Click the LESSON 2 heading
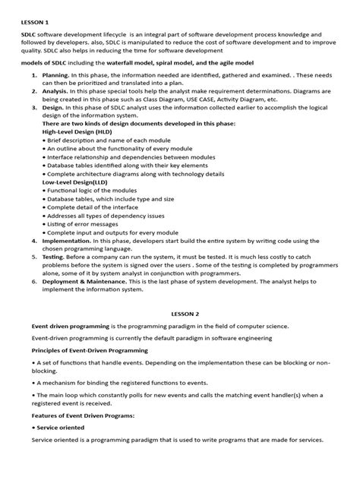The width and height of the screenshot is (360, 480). (180, 313)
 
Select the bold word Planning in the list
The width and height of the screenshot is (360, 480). (56, 76)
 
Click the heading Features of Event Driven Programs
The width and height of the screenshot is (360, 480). (83, 416)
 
